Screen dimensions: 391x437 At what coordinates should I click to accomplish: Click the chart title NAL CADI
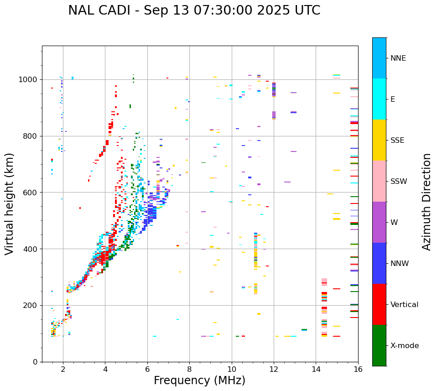click(194, 10)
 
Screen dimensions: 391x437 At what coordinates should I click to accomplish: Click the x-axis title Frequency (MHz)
click(199, 381)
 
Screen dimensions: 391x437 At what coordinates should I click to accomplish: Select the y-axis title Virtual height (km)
click(10, 204)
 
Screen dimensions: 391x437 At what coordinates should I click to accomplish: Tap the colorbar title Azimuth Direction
click(427, 202)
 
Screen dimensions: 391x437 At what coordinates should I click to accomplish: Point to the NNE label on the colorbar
click(398, 58)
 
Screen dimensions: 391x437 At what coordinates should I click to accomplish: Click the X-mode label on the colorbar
click(405, 346)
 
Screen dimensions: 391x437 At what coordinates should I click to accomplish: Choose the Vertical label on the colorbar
click(404, 305)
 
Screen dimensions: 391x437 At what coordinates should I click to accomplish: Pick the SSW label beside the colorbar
click(399, 182)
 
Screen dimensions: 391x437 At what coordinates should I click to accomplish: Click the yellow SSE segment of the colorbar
click(379, 140)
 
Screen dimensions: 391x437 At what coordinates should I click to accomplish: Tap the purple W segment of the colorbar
click(379, 222)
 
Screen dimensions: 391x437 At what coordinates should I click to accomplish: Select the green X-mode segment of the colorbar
click(379, 345)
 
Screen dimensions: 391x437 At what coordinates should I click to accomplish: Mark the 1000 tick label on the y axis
click(29, 80)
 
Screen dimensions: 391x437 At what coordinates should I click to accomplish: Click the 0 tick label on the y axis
click(35, 362)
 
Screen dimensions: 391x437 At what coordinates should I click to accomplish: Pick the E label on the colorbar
click(393, 99)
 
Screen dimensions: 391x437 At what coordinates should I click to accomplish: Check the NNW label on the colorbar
click(400, 264)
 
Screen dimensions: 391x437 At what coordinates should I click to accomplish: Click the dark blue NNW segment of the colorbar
click(379, 263)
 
